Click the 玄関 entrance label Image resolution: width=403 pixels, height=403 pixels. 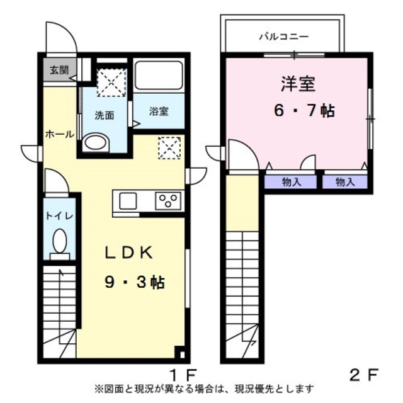click(x=55, y=69)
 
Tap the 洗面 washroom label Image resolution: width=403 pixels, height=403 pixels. click(x=104, y=115)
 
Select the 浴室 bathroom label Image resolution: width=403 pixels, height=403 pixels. click(x=159, y=111)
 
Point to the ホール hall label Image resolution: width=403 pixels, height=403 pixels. click(x=60, y=134)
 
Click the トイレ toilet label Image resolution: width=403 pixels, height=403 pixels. click(x=60, y=215)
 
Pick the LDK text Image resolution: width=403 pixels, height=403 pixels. click(x=129, y=253)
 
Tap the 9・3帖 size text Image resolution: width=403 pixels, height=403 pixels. click(x=134, y=281)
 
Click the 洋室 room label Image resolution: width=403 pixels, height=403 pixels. click(x=297, y=82)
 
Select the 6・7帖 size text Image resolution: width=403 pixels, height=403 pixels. click(x=303, y=111)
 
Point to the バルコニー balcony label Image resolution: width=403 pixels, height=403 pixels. click(x=281, y=37)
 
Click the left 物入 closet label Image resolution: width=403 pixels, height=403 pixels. click(x=291, y=181)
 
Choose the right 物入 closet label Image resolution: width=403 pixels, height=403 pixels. click(x=345, y=181)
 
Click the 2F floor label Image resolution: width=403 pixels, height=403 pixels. click(x=364, y=373)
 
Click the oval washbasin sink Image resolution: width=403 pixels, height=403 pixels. click(x=95, y=142)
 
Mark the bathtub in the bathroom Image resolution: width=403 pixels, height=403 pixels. click(x=159, y=77)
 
